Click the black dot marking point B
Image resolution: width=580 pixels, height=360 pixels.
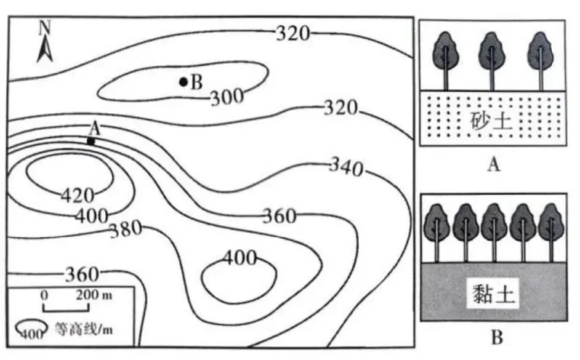(183, 82)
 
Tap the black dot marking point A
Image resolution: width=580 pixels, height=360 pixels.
(91, 141)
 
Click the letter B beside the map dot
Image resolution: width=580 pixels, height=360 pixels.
(196, 82)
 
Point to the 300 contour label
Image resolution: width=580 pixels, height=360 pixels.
(227, 97)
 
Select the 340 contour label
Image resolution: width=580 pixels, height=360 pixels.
(347, 167)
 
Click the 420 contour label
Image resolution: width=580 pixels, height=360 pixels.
(78, 195)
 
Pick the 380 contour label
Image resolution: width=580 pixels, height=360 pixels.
(126, 229)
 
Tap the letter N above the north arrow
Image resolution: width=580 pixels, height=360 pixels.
(44, 28)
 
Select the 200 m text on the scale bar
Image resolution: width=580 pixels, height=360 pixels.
(94, 295)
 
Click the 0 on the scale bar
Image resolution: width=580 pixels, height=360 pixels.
(44, 295)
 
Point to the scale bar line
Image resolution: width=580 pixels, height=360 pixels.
(66, 310)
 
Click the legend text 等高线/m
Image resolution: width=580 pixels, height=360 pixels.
(84, 328)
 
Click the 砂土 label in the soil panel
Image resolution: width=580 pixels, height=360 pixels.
(491, 120)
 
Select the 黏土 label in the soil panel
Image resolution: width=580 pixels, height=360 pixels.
(493, 295)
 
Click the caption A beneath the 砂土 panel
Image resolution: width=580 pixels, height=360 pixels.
(494, 164)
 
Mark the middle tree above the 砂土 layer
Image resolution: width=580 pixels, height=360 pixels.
(492, 61)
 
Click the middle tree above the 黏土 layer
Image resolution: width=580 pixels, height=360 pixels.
(494, 233)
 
